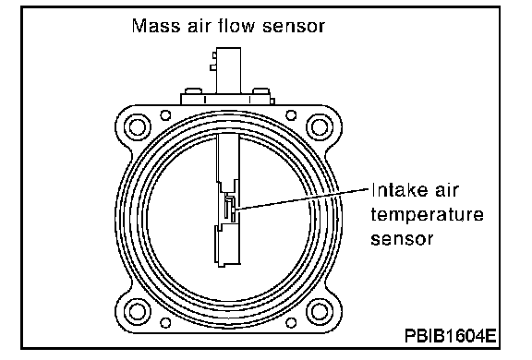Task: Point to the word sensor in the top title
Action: pyautogui.click(x=294, y=27)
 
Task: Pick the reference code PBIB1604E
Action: pyautogui.click(x=450, y=336)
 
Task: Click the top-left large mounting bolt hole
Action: pyautogui.click(x=138, y=127)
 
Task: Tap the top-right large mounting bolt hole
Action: pyautogui.click(x=320, y=127)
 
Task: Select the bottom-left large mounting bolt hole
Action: pyautogui.click(x=138, y=311)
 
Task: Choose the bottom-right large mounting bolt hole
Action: pyautogui.click(x=320, y=311)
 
